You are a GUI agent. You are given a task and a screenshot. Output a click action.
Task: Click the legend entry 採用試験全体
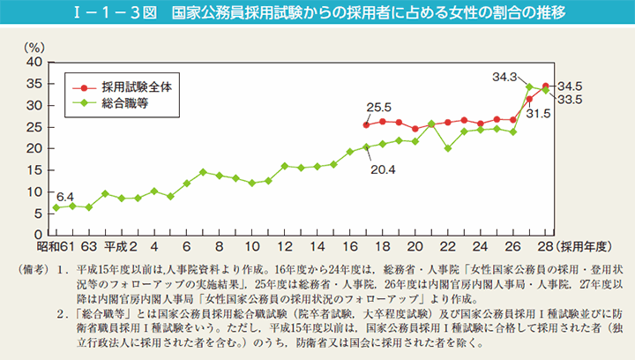[132, 87]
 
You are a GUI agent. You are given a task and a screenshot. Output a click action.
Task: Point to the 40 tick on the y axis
[34, 63]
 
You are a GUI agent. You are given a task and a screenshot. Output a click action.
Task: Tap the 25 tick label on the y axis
[34, 127]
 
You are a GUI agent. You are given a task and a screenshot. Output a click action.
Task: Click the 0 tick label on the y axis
[39, 235]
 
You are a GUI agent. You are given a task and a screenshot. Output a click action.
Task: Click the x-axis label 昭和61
[55, 246]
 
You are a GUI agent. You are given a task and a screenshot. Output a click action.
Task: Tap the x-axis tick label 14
[285, 246]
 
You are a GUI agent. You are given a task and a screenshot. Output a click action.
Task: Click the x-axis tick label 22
[447, 246]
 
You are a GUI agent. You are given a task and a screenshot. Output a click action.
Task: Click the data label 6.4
[64, 196]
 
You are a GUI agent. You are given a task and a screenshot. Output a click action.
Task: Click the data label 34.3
[505, 78]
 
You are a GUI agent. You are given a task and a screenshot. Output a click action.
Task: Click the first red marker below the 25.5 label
[366, 124]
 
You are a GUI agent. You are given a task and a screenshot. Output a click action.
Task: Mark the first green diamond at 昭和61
[56, 207]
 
